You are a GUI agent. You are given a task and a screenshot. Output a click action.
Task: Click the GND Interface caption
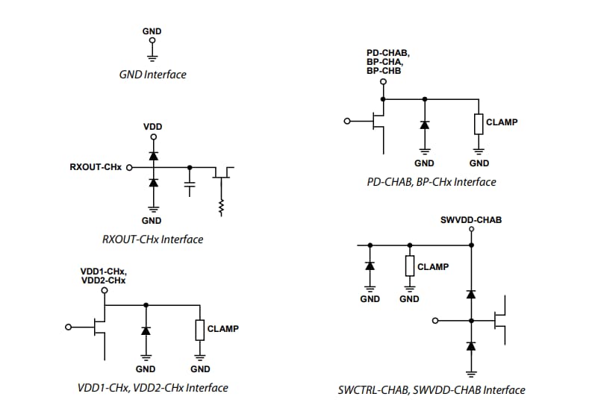[152, 75]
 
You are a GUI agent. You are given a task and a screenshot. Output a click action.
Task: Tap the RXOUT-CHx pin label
[96, 168]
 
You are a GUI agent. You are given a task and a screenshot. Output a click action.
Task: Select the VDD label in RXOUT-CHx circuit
[152, 127]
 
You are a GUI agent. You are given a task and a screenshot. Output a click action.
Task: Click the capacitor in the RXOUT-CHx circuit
[190, 184]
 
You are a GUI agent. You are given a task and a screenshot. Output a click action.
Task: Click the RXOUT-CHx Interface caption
[152, 239]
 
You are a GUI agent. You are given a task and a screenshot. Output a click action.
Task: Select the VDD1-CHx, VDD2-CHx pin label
[103, 275]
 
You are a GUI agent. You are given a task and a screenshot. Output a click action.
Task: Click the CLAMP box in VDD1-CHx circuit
[200, 329]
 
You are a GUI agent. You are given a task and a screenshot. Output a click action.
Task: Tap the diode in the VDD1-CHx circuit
[146, 329]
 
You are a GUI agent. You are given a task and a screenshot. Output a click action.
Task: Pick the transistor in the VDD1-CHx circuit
[98, 327]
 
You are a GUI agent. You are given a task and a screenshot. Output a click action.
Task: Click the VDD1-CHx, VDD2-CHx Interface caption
[152, 388]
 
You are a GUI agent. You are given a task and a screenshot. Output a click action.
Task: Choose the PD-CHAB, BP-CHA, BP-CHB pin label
[383, 61]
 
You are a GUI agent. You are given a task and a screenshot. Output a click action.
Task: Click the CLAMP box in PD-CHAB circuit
[479, 123]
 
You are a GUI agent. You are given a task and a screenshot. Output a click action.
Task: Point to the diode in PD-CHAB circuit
[424, 124]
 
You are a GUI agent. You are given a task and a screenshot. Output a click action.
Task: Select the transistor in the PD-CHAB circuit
[377, 121]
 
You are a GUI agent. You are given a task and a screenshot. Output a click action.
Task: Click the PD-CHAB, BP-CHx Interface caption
[431, 182]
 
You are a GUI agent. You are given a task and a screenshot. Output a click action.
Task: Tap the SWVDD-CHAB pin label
[471, 220]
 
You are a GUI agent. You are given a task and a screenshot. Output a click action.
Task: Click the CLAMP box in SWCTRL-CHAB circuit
[409, 266]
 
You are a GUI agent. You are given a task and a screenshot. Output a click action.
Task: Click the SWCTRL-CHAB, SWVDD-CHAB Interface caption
[431, 390]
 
